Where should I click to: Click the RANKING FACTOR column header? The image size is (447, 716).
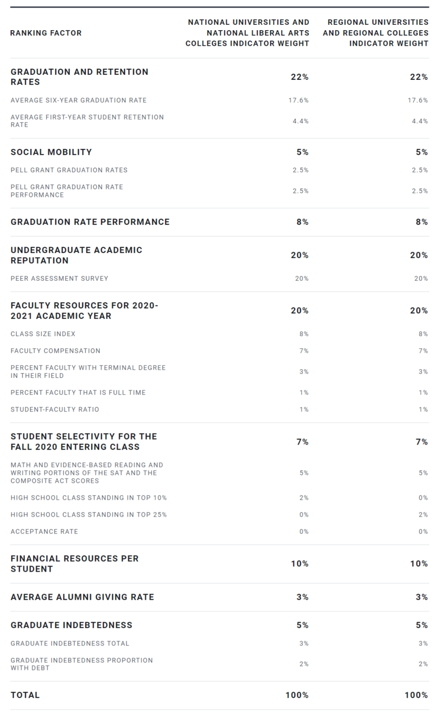pos(46,33)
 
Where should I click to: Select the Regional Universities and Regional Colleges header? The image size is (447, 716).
pos(376,33)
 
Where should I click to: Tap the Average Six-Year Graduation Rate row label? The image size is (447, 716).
pos(79,100)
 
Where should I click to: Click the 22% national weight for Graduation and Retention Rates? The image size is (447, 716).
pos(300,77)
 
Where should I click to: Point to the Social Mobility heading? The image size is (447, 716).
pos(51,152)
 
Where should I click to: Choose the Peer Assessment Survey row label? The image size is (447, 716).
pos(60,279)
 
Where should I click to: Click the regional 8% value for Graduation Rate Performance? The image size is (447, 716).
pos(422,222)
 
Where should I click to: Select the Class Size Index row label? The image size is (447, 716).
pos(43,334)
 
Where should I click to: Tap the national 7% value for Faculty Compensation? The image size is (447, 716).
pos(304,351)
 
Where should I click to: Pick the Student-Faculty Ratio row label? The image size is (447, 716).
pos(55,409)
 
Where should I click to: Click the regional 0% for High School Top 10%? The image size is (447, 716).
pos(423,497)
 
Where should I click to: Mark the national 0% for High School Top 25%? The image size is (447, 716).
pos(304,514)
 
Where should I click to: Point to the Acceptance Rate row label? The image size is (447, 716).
pos(44,531)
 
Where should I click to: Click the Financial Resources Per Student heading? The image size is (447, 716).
pos(74,564)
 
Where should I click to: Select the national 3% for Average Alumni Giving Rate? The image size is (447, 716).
pos(303,597)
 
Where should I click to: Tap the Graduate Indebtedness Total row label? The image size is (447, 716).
pos(70,644)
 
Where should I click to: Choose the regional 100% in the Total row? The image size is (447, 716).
pos(416,695)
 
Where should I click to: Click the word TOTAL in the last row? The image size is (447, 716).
pos(25,695)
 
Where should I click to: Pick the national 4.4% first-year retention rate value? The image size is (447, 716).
pos(300,121)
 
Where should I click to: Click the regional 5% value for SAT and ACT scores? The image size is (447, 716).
pos(423,473)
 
